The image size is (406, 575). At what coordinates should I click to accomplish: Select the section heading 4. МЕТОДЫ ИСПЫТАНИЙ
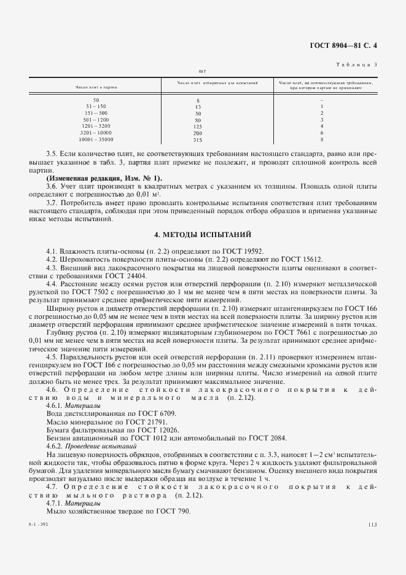(x=203, y=235)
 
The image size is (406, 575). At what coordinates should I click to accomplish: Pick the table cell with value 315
(x=198, y=140)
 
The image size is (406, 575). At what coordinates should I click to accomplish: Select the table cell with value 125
(x=198, y=127)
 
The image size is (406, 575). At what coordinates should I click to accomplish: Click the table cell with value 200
(x=198, y=133)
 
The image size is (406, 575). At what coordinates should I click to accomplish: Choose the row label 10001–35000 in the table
(x=96, y=140)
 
